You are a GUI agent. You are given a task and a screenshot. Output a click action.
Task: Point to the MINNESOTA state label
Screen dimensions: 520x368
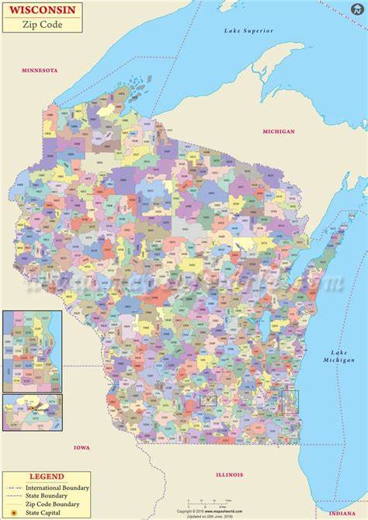39,70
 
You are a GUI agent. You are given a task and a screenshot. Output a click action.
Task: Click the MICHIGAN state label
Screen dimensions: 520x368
279,131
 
